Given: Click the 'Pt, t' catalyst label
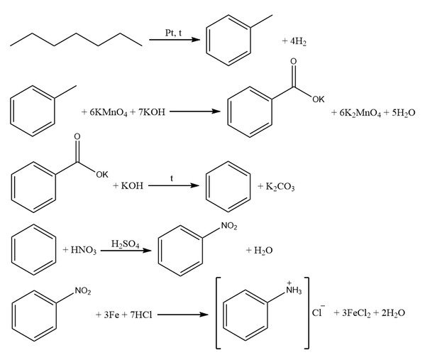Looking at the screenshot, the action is point(173,33).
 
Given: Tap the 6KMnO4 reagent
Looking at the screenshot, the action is point(109,112).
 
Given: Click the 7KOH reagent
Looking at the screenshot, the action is point(152,111).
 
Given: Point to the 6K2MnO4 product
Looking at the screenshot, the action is point(360,113).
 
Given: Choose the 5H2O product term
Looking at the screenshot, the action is point(404,113).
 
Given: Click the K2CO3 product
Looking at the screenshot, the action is point(280,187).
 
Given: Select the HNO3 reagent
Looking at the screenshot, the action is point(84,250).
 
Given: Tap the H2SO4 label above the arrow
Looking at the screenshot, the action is point(125,244).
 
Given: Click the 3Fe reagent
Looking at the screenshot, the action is point(111,315).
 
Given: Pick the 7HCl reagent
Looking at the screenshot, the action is point(141,315).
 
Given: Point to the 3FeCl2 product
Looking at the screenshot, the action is point(356,313).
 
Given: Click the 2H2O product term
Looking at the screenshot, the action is point(393,313).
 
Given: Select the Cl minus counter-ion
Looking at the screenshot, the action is point(318,312).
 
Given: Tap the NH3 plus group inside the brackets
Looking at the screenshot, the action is point(294,288).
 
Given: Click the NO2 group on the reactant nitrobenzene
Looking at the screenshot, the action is point(83,291).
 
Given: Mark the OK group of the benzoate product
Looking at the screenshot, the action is point(318,99).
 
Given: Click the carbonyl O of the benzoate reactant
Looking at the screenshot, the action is point(77,136).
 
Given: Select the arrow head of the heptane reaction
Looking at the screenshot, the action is point(196,40).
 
